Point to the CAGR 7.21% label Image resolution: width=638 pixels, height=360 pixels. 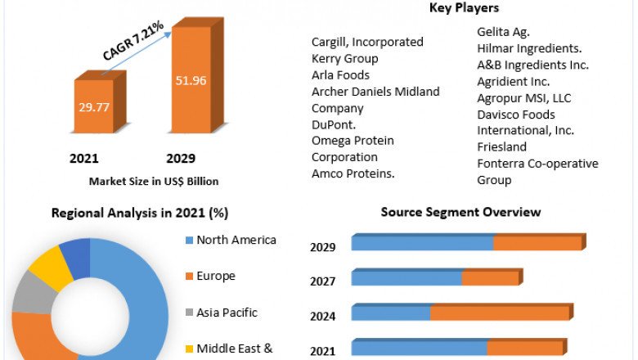pyautogui.click(x=133, y=42)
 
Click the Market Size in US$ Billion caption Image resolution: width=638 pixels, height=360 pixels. pyautogui.click(x=154, y=181)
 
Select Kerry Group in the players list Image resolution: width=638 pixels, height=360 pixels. pyautogui.click(x=344, y=58)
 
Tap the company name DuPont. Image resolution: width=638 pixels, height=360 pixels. pyautogui.click(x=335, y=124)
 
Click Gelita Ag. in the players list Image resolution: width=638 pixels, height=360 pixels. pyautogui.click(x=504, y=33)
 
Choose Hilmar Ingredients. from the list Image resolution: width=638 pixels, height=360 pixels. pyautogui.click(x=529, y=49)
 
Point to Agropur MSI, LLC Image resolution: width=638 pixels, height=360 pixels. pyautogui.click(x=524, y=98)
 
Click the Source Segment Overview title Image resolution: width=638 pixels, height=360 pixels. pyautogui.click(x=461, y=212)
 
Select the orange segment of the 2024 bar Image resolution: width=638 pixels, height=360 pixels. pyautogui.click(x=499, y=313)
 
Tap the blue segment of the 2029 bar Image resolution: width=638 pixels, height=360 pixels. pyautogui.click(x=422, y=243)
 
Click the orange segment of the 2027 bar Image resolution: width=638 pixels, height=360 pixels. pyautogui.click(x=490, y=278)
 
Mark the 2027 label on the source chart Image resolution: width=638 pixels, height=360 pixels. pyautogui.click(x=323, y=281)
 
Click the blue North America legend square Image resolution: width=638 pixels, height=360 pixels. pyautogui.click(x=190, y=241)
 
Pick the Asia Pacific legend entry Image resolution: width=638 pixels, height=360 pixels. pyautogui.click(x=227, y=312)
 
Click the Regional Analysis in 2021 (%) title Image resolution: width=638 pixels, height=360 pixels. pyautogui.click(x=140, y=213)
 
